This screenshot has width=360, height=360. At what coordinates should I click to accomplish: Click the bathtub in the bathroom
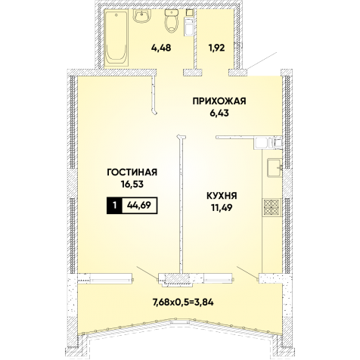[x=116, y=38]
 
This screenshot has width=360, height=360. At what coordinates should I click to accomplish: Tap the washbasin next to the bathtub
[x=142, y=16]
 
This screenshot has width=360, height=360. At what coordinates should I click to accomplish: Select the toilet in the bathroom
[x=172, y=20]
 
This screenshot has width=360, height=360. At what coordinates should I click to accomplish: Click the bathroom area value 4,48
[x=161, y=48]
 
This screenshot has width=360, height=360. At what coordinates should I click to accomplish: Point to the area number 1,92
[x=216, y=48]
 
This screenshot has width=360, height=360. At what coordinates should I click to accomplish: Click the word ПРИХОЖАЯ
[x=219, y=101]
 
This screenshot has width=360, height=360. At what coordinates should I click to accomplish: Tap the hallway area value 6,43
[x=219, y=113]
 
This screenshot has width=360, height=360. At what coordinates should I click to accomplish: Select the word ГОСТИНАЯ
[x=132, y=172]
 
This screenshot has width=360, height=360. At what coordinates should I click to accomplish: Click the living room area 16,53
[x=132, y=185]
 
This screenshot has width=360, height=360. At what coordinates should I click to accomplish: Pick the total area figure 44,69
[x=139, y=206]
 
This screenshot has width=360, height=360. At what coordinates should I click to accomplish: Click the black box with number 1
[x=115, y=206]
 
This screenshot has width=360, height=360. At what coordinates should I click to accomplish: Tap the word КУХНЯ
[x=222, y=196]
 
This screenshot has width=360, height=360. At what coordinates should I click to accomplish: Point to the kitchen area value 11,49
[x=222, y=208]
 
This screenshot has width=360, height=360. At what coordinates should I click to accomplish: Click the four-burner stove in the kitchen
[x=272, y=207]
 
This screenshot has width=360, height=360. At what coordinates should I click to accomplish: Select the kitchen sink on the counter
[x=275, y=168]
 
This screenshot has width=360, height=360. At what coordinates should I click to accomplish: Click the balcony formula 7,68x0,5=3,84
[x=183, y=302]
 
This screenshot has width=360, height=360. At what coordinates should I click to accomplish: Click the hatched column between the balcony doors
[x=176, y=281]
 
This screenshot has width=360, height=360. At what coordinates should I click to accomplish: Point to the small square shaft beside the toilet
[x=190, y=12]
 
